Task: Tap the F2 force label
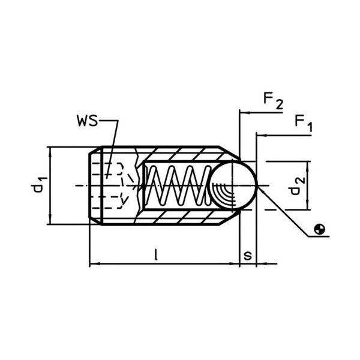pos(272,101)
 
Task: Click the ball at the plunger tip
pos(235,186)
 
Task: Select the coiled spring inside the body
pos(177,186)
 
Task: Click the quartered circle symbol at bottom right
pos(322,228)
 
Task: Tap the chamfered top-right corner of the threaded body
pos(226,153)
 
